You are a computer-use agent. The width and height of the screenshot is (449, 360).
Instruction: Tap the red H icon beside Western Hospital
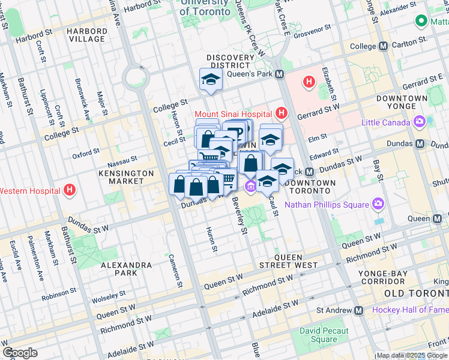click(x=70, y=191)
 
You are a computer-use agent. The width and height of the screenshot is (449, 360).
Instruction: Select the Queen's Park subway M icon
click(x=279, y=74)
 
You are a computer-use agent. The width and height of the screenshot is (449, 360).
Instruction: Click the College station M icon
click(x=382, y=46)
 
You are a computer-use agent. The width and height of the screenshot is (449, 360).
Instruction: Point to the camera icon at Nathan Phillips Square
click(x=378, y=205)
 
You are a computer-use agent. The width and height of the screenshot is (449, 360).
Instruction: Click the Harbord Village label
click(x=87, y=35)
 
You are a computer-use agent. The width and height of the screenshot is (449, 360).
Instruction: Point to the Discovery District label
click(x=231, y=62)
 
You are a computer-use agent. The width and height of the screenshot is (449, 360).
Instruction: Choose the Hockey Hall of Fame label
click(x=410, y=310)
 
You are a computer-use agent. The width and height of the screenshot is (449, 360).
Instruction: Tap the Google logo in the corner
click(x=20, y=353)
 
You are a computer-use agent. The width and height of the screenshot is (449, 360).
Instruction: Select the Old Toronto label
click(x=415, y=293)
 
